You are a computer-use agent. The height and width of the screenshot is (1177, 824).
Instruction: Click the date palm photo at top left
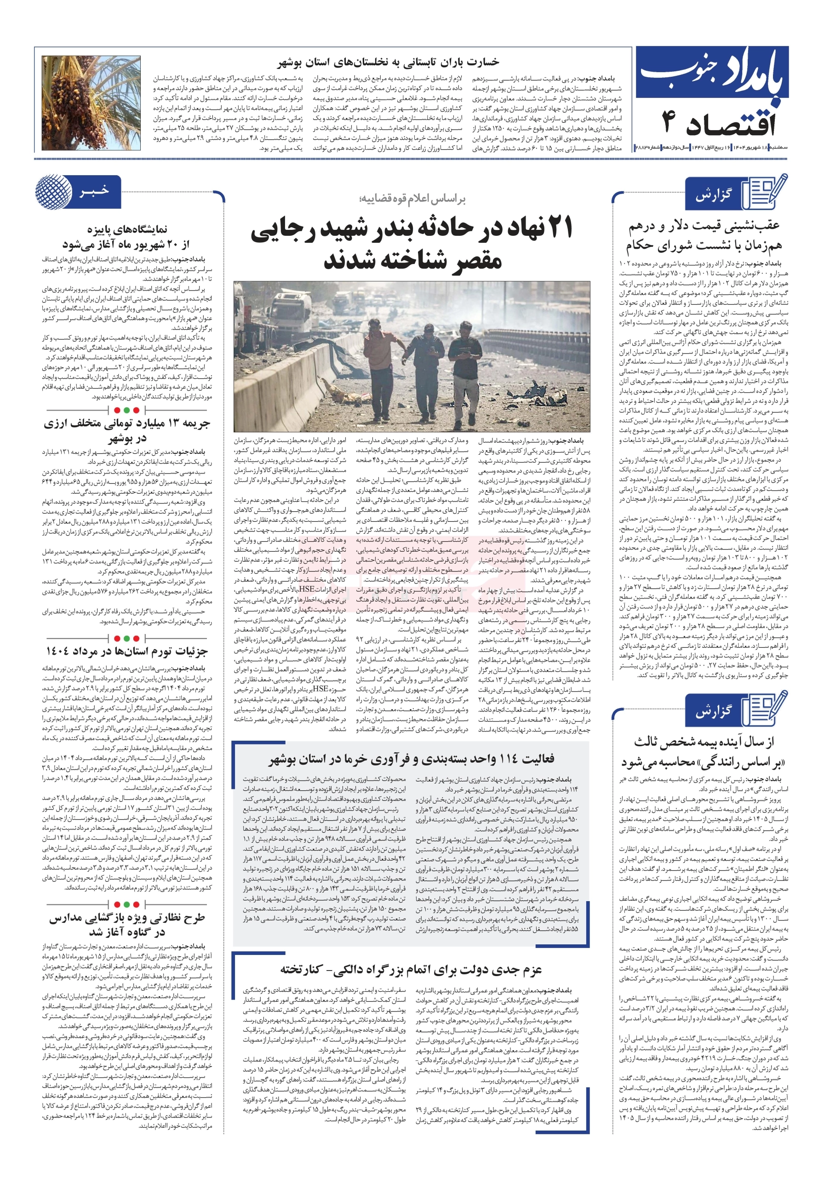click(91, 103)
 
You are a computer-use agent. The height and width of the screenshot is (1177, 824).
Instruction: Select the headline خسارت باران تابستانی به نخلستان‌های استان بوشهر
click(388, 63)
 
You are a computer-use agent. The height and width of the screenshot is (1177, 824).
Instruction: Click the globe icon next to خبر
click(53, 191)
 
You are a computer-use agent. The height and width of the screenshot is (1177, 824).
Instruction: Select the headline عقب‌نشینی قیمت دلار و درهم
click(704, 226)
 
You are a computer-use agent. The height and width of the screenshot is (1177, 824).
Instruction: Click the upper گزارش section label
click(713, 195)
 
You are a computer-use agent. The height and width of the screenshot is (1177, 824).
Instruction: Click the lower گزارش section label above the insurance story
click(713, 712)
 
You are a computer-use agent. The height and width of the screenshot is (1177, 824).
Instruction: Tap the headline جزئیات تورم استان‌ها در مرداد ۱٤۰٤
click(126, 651)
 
